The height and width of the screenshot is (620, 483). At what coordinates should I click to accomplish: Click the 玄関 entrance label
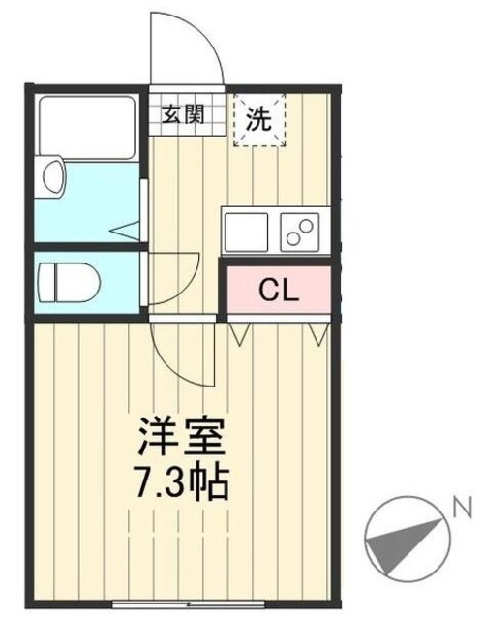tap(182, 114)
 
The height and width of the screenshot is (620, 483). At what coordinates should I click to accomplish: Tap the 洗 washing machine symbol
tap(259, 118)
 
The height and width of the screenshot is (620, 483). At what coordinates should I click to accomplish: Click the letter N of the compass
tap(462, 506)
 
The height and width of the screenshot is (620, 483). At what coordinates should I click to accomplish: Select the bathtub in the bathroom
tap(85, 127)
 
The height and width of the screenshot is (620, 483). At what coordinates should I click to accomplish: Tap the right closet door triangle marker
tap(316, 334)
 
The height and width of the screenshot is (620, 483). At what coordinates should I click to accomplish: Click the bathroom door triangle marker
tap(126, 231)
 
